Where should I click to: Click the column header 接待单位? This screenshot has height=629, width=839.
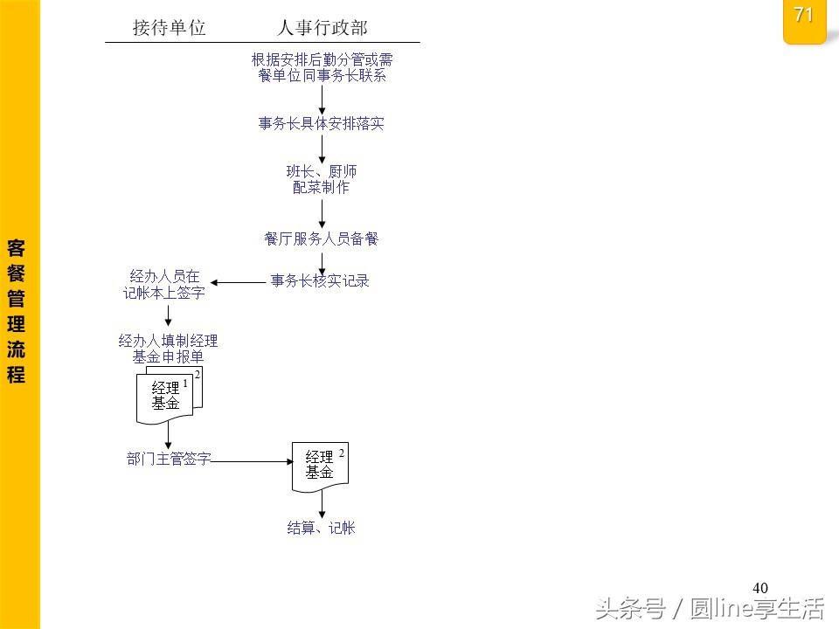pyautogui.click(x=169, y=28)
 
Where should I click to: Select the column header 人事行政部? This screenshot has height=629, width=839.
pyautogui.click(x=322, y=28)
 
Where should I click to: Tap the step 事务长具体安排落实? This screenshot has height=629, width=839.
pyautogui.click(x=322, y=124)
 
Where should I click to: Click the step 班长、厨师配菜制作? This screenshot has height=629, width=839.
pyautogui.click(x=322, y=179)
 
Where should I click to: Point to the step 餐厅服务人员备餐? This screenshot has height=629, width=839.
pyautogui.click(x=322, y=238)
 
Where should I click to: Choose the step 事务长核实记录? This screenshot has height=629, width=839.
pyautogui.click(x=320, y=281)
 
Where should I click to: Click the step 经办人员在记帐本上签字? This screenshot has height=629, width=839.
pyautogui.click(x=164, y=286)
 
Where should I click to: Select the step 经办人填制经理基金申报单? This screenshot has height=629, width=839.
pyautogui.click(x=168, y=349)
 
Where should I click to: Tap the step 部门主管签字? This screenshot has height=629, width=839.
pyautogui.click(x=169, y=460)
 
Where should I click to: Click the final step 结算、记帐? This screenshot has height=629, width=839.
pyautogui.click(x=322, y=528)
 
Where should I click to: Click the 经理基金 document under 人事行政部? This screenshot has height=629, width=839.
pyautogui.click(x=320, y=465)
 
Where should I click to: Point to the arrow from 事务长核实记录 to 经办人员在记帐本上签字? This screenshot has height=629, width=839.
pyautogui.click(x=238, y=282)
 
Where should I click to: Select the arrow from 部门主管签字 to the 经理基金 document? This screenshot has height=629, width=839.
pyautogui.click(x=252, y=460)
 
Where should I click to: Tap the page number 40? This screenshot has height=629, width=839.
pyautogui.click(x=759, y=588)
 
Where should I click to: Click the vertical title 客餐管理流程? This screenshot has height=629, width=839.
pyautogui.click(x=16, y=310)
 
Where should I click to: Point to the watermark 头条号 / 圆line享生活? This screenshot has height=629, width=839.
pyautogui.click(x=710, y=607)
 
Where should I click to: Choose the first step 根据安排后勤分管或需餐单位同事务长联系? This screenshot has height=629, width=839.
pyautogui.click(x=322, y=68)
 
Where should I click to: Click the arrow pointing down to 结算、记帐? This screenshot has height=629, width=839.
pyautogui.click(x=322, y=502)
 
